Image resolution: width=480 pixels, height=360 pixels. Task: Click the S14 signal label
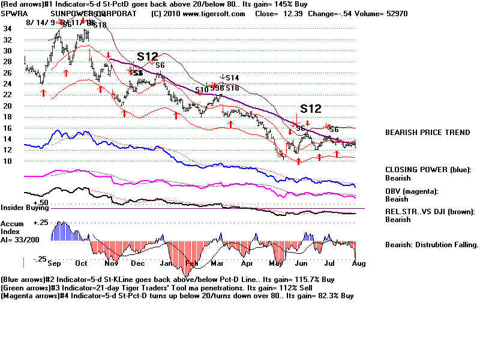pyautogui.click(x=232, y=78)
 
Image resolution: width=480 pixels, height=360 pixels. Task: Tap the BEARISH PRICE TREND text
pyautogui.click(x=427, y=133)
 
